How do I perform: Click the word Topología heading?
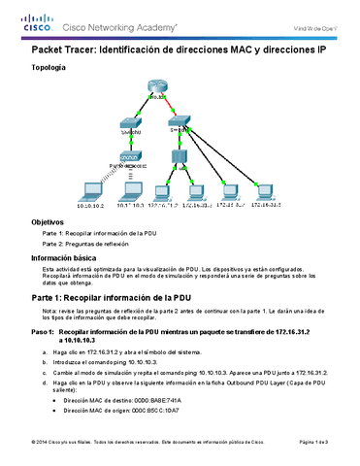pos(49,67)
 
